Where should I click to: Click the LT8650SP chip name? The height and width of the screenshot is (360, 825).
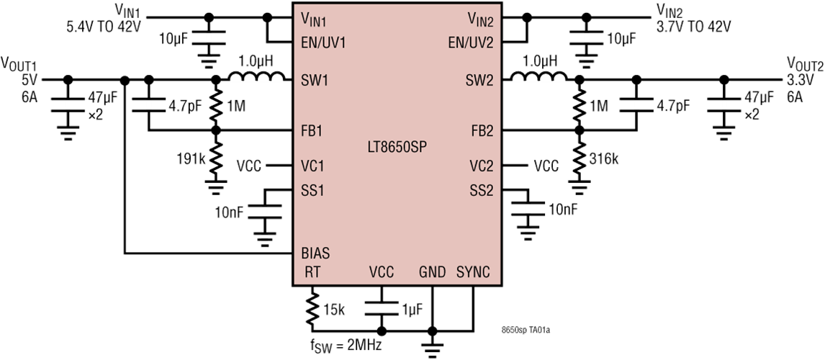[397, 147]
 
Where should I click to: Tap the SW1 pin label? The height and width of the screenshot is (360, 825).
[312, 80]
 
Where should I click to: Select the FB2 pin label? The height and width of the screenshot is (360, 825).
[482, 130]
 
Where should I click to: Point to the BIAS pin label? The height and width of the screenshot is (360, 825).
[315, 253]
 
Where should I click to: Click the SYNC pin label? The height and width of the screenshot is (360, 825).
[472, 272]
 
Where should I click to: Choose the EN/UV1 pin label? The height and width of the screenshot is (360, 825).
[323, 42]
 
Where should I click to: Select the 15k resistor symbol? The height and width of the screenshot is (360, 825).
[312, 309]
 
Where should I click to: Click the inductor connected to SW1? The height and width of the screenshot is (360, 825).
[256, 76]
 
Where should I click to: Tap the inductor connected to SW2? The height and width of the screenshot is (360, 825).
[538, 76]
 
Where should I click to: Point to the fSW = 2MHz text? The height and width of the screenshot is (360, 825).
[346, 346]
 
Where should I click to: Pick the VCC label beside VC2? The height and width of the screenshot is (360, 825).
[546, 166]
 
